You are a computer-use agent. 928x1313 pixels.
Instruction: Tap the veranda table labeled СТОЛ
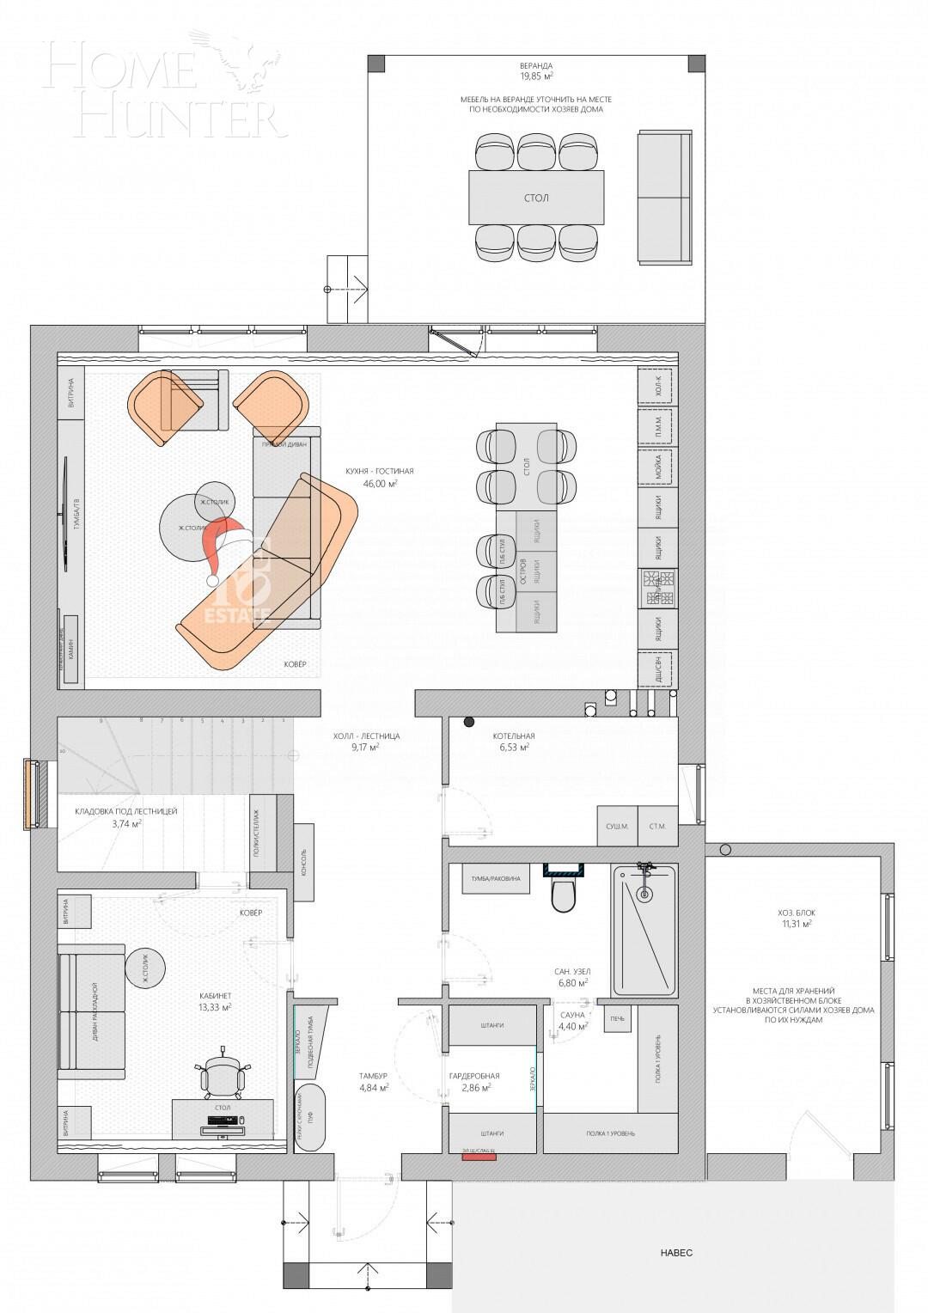tap(536, 198)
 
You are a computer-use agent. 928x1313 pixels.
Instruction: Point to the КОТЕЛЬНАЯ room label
tap(514, 736)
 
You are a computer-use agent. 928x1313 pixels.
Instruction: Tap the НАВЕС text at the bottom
tap(676, 1253)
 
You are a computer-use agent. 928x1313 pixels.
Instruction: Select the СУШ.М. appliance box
tap(618, 827)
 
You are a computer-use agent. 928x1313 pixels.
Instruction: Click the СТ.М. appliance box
tap(658, 827)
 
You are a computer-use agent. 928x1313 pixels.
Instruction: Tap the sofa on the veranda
tap(663, 198)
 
